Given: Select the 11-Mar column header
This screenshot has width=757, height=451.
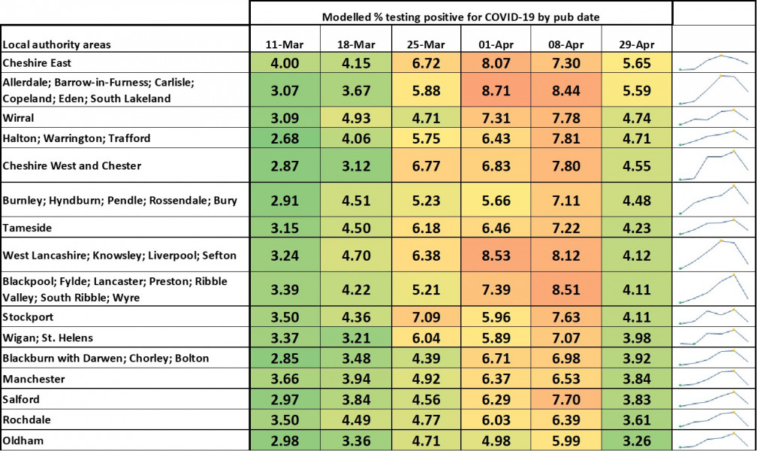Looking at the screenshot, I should click(285, 44).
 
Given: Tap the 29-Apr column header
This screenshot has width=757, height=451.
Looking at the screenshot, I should click(636, 44).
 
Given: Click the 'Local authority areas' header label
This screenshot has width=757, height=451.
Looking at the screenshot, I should click(56, 44).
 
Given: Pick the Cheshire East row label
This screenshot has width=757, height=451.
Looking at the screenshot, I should click(37, 63).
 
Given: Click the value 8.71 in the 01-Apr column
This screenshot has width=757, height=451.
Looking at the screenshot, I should click(496, 89).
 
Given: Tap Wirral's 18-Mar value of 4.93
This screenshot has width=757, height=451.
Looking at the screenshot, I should click(355, 117).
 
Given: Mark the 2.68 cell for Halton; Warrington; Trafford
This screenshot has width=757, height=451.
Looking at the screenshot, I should click(285, 138).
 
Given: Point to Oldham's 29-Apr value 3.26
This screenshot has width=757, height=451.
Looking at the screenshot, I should click(636, 439).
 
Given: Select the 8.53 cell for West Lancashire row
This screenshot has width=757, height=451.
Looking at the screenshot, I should click(496, 255).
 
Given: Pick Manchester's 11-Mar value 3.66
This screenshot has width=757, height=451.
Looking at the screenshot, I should click(285, 379).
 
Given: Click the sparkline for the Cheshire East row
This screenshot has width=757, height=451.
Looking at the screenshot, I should click(714, 62).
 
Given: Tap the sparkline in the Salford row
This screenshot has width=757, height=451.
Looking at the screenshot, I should click(714, 398).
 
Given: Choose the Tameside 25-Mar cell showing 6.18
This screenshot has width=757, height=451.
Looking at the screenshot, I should click(425, 227).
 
